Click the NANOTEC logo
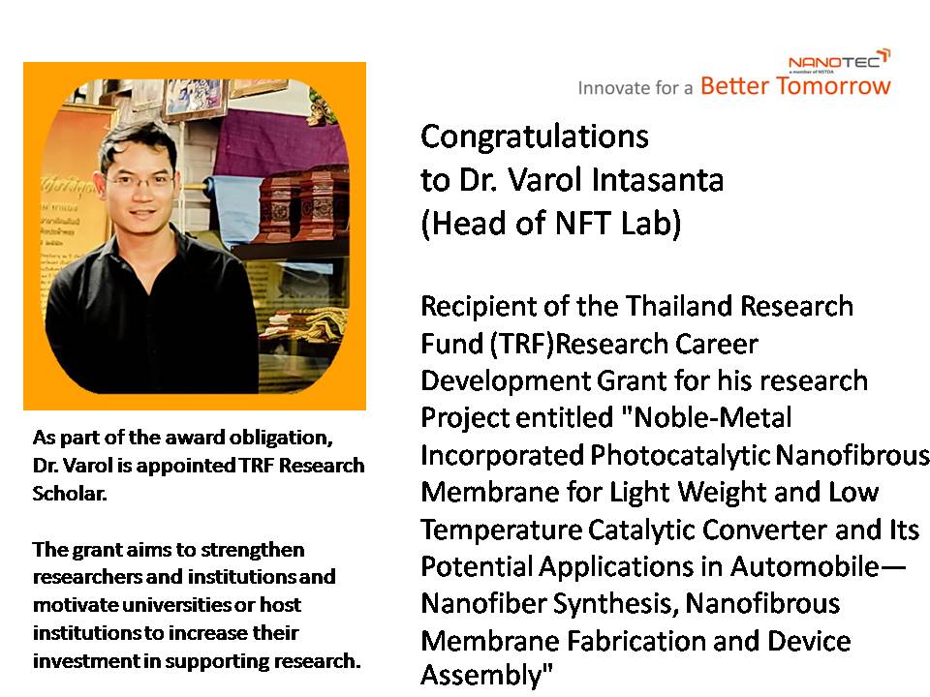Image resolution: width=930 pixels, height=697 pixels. pyautogui.click(x=839, y=60)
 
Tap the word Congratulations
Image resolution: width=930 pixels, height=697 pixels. pyautogui.click(x=535, y=136)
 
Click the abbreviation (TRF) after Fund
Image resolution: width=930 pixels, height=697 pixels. pyautogui.click(x=522, y=345)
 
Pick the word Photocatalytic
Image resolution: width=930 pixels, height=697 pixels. pyautogui.click(x=680, y=456)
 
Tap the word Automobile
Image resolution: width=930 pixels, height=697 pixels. pyautogui.click(x=805, y=566)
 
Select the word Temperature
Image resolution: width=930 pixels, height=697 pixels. pyautogui.click(x=501, y=530)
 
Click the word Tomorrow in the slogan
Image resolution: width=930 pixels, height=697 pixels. pyautogui.click(x=833, y=86)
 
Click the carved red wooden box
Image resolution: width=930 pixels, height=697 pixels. pyautogui.click(x=302, y=204)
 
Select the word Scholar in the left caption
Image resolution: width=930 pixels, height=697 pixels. pyautogui.click(x=70, y=493)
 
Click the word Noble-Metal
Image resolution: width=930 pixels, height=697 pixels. pyautogui.click(x=713, y=418)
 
